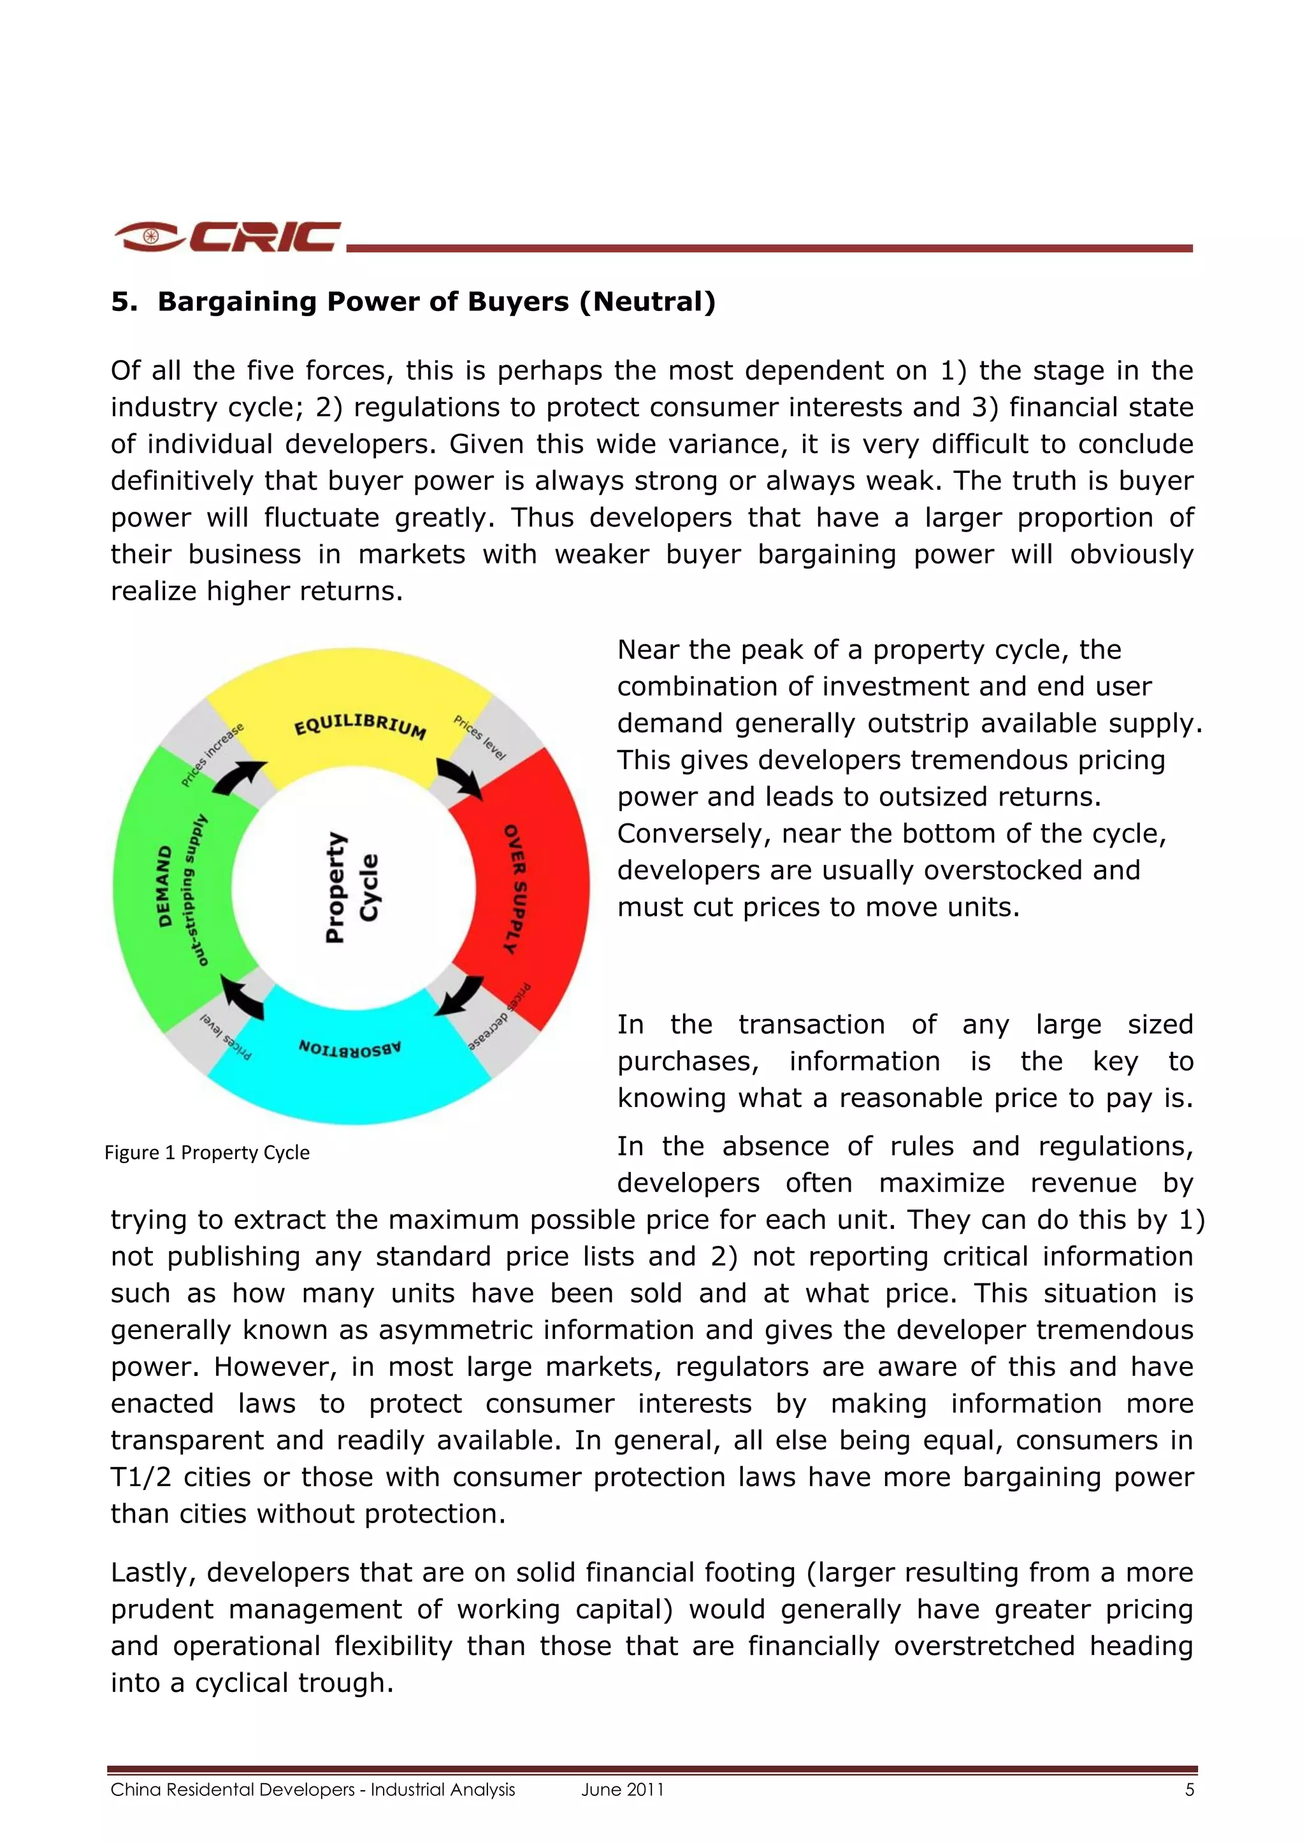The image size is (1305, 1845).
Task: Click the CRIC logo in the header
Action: [228, 236]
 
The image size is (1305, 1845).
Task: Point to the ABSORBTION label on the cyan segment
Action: [350, 1048]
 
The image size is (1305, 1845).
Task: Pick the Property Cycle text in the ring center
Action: [351, 887]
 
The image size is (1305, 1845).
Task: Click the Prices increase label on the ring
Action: [212, 755]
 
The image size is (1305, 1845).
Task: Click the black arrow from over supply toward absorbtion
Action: [461, 995]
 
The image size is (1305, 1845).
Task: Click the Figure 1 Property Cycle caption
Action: [207, 1152]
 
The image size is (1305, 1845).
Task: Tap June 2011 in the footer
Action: [623, 1790]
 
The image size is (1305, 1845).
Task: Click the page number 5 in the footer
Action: [1189, 1790]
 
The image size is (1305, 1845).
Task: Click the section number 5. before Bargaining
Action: [124, 302]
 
